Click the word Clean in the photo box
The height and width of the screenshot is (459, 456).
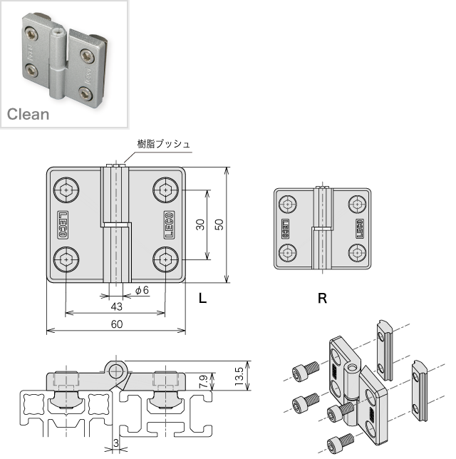tap(28, 114)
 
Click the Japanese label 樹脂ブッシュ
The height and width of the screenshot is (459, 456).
tap(165, 144)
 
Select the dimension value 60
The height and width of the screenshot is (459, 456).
tap(117, 324)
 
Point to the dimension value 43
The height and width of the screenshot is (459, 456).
tap(117, 306)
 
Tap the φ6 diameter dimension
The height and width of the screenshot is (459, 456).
tap(141, 290)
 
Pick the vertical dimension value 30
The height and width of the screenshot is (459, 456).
tap(201, 225)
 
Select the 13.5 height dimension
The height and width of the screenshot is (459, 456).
tap(239, 375)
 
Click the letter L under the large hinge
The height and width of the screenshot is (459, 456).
tap(202, 299)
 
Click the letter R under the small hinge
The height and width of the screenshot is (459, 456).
tap(322, 299)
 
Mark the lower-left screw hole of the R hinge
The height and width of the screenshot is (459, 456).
tap(288, 252)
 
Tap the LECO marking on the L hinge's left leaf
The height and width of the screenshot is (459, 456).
tap(63, 225)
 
